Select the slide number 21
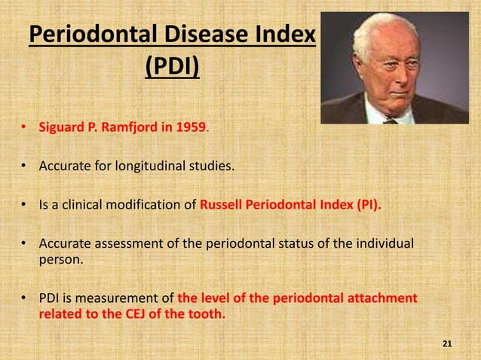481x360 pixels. pos(447,344)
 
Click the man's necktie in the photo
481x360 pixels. pos(390,118)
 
